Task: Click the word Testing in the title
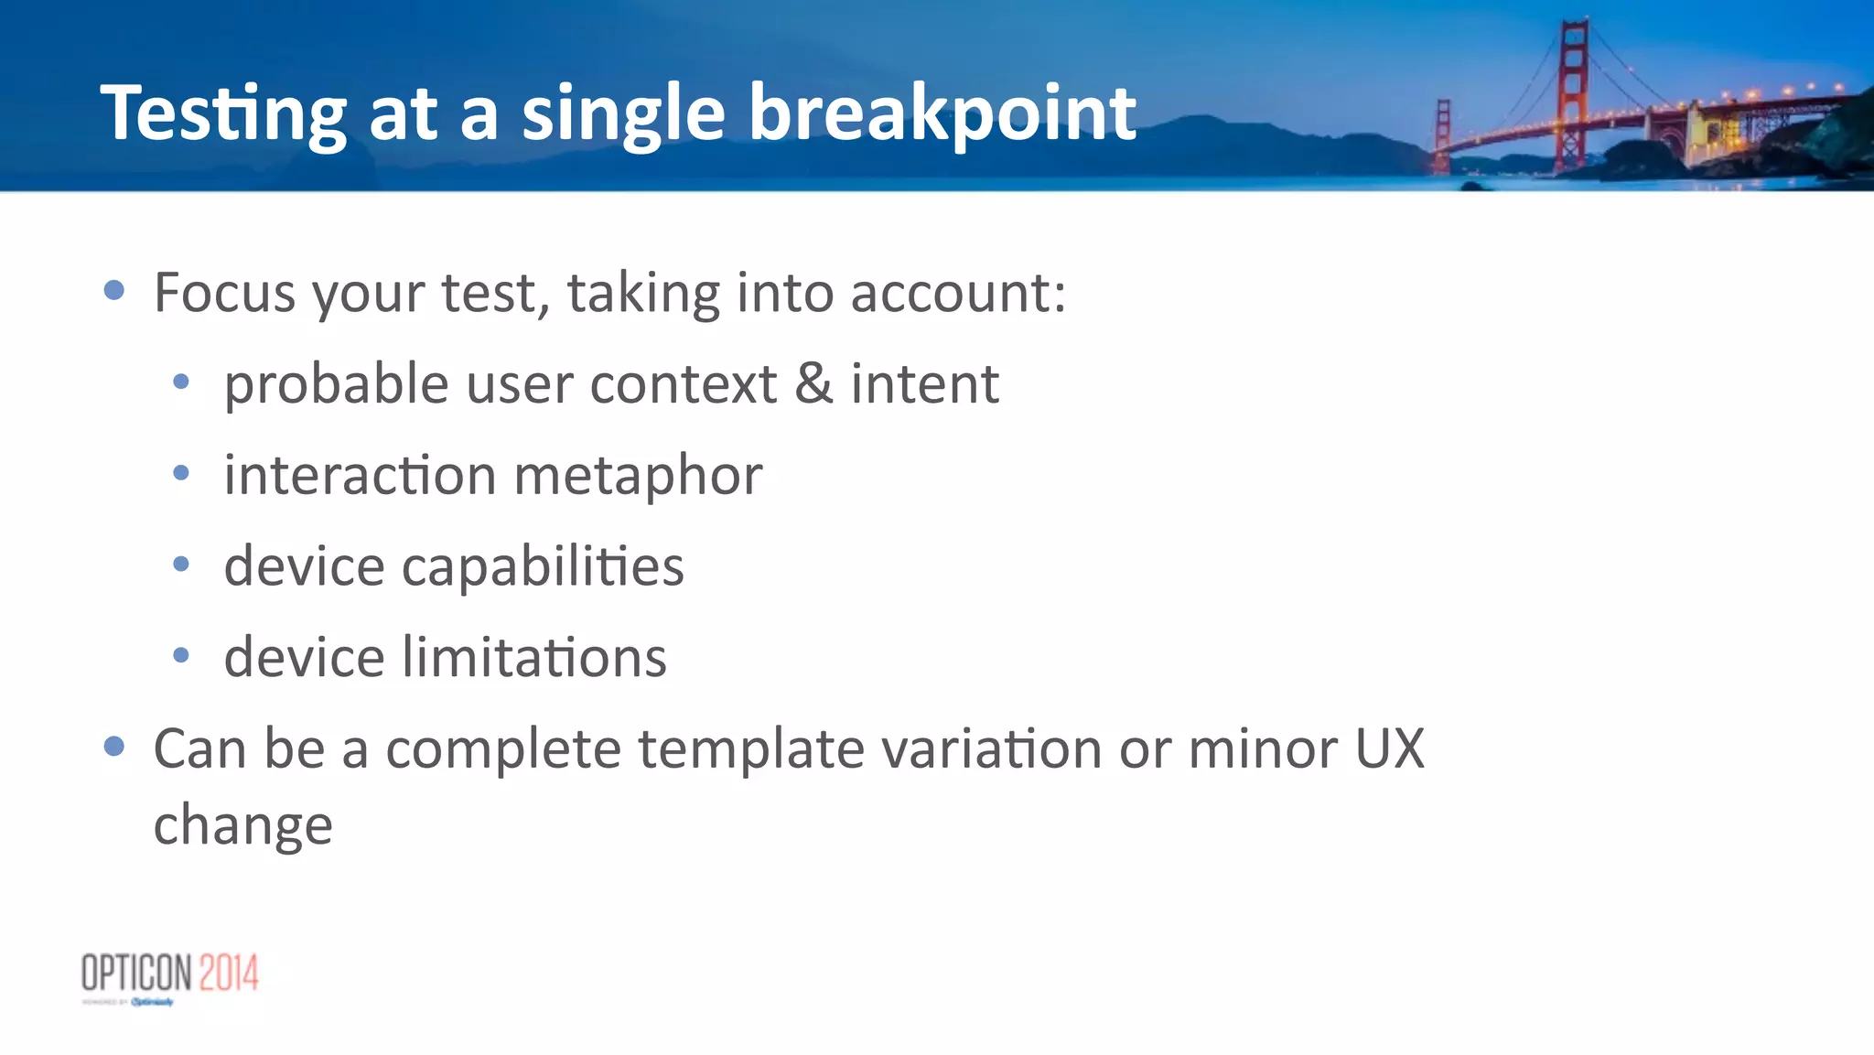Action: pos(223,114)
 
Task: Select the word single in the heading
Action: pos(623,114)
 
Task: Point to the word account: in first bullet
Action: pos(958,293)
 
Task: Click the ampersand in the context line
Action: pos(813,383)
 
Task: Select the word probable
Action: pos(336,383)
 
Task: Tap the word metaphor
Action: pos(638,476)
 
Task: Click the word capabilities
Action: pos(543,566)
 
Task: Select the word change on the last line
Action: pos(242,825)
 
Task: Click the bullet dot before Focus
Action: pos(114,291)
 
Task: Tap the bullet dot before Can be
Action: pos(114,747)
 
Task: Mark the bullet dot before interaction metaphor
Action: pos(181,473)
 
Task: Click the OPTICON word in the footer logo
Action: pos(137,973)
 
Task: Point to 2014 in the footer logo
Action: pos(229,973)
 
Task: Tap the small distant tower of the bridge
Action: pos(1443,135)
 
